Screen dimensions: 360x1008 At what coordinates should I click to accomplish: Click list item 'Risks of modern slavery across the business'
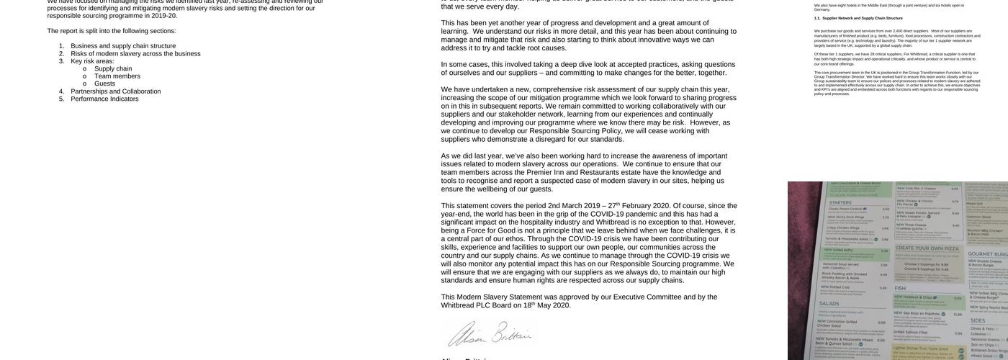click(x=135, y=53)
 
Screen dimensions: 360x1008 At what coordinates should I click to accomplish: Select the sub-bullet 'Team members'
click(x=117, y=76)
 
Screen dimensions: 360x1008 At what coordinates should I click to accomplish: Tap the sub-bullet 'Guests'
click(x=104, y=84)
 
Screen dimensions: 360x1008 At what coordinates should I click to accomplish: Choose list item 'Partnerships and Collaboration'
click(x=115, y=91)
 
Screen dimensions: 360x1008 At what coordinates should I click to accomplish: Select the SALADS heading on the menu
click(x=829, y=304)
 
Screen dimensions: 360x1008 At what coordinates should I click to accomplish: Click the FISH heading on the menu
click(x=899, y=289)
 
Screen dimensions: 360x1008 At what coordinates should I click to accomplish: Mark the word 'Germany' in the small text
click(x=822, y=9)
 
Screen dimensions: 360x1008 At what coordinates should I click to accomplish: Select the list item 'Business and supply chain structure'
click(x=123, y=46)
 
